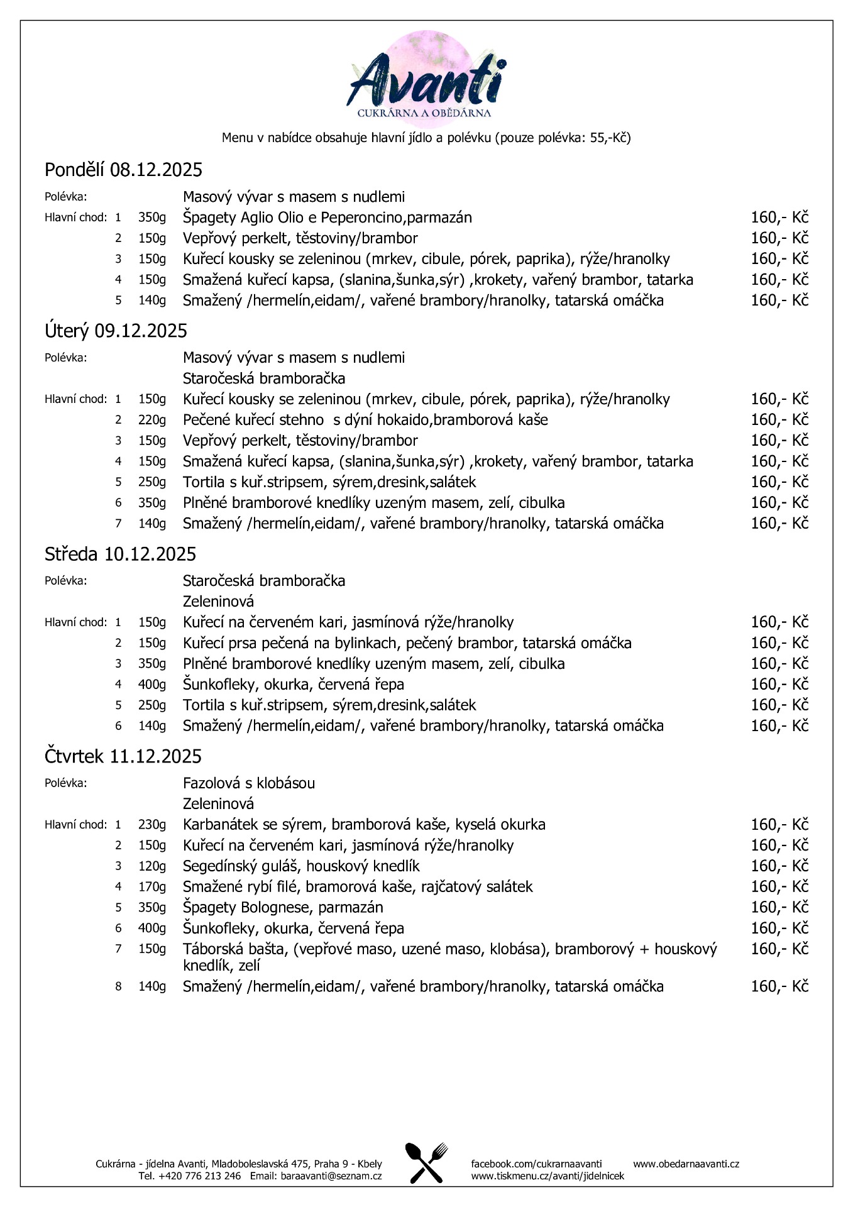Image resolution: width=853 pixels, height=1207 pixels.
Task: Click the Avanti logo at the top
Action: point(426,79)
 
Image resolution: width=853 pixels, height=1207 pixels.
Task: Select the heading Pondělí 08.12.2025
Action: point(123,170)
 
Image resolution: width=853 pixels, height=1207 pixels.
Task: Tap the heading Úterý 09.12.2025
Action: point(116,331)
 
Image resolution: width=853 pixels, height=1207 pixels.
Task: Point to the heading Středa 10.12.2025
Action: point(120,554)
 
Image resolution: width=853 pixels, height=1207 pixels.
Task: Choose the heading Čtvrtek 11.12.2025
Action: point(123,756)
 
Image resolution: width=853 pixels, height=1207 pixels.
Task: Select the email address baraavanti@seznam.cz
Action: point(331,1176)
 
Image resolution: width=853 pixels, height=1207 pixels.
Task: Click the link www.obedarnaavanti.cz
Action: point(686,1164)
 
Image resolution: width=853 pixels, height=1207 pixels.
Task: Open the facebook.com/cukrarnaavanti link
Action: point(536,1164)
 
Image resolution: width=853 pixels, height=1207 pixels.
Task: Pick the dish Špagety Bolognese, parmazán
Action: point(283,907)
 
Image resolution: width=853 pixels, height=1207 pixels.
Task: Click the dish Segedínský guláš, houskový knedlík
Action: point(301,866)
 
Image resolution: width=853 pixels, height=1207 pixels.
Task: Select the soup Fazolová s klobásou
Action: point(249,783)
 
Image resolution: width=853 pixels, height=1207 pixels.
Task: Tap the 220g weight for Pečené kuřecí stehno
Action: point(152,420)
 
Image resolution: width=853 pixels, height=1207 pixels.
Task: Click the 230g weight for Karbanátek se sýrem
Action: point(152,825)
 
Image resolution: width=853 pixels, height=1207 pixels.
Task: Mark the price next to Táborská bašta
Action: point(779,949)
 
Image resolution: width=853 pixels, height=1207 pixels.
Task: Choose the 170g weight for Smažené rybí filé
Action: point(152,887)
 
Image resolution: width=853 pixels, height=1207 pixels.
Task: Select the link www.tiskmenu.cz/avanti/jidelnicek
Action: point(548,1176)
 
